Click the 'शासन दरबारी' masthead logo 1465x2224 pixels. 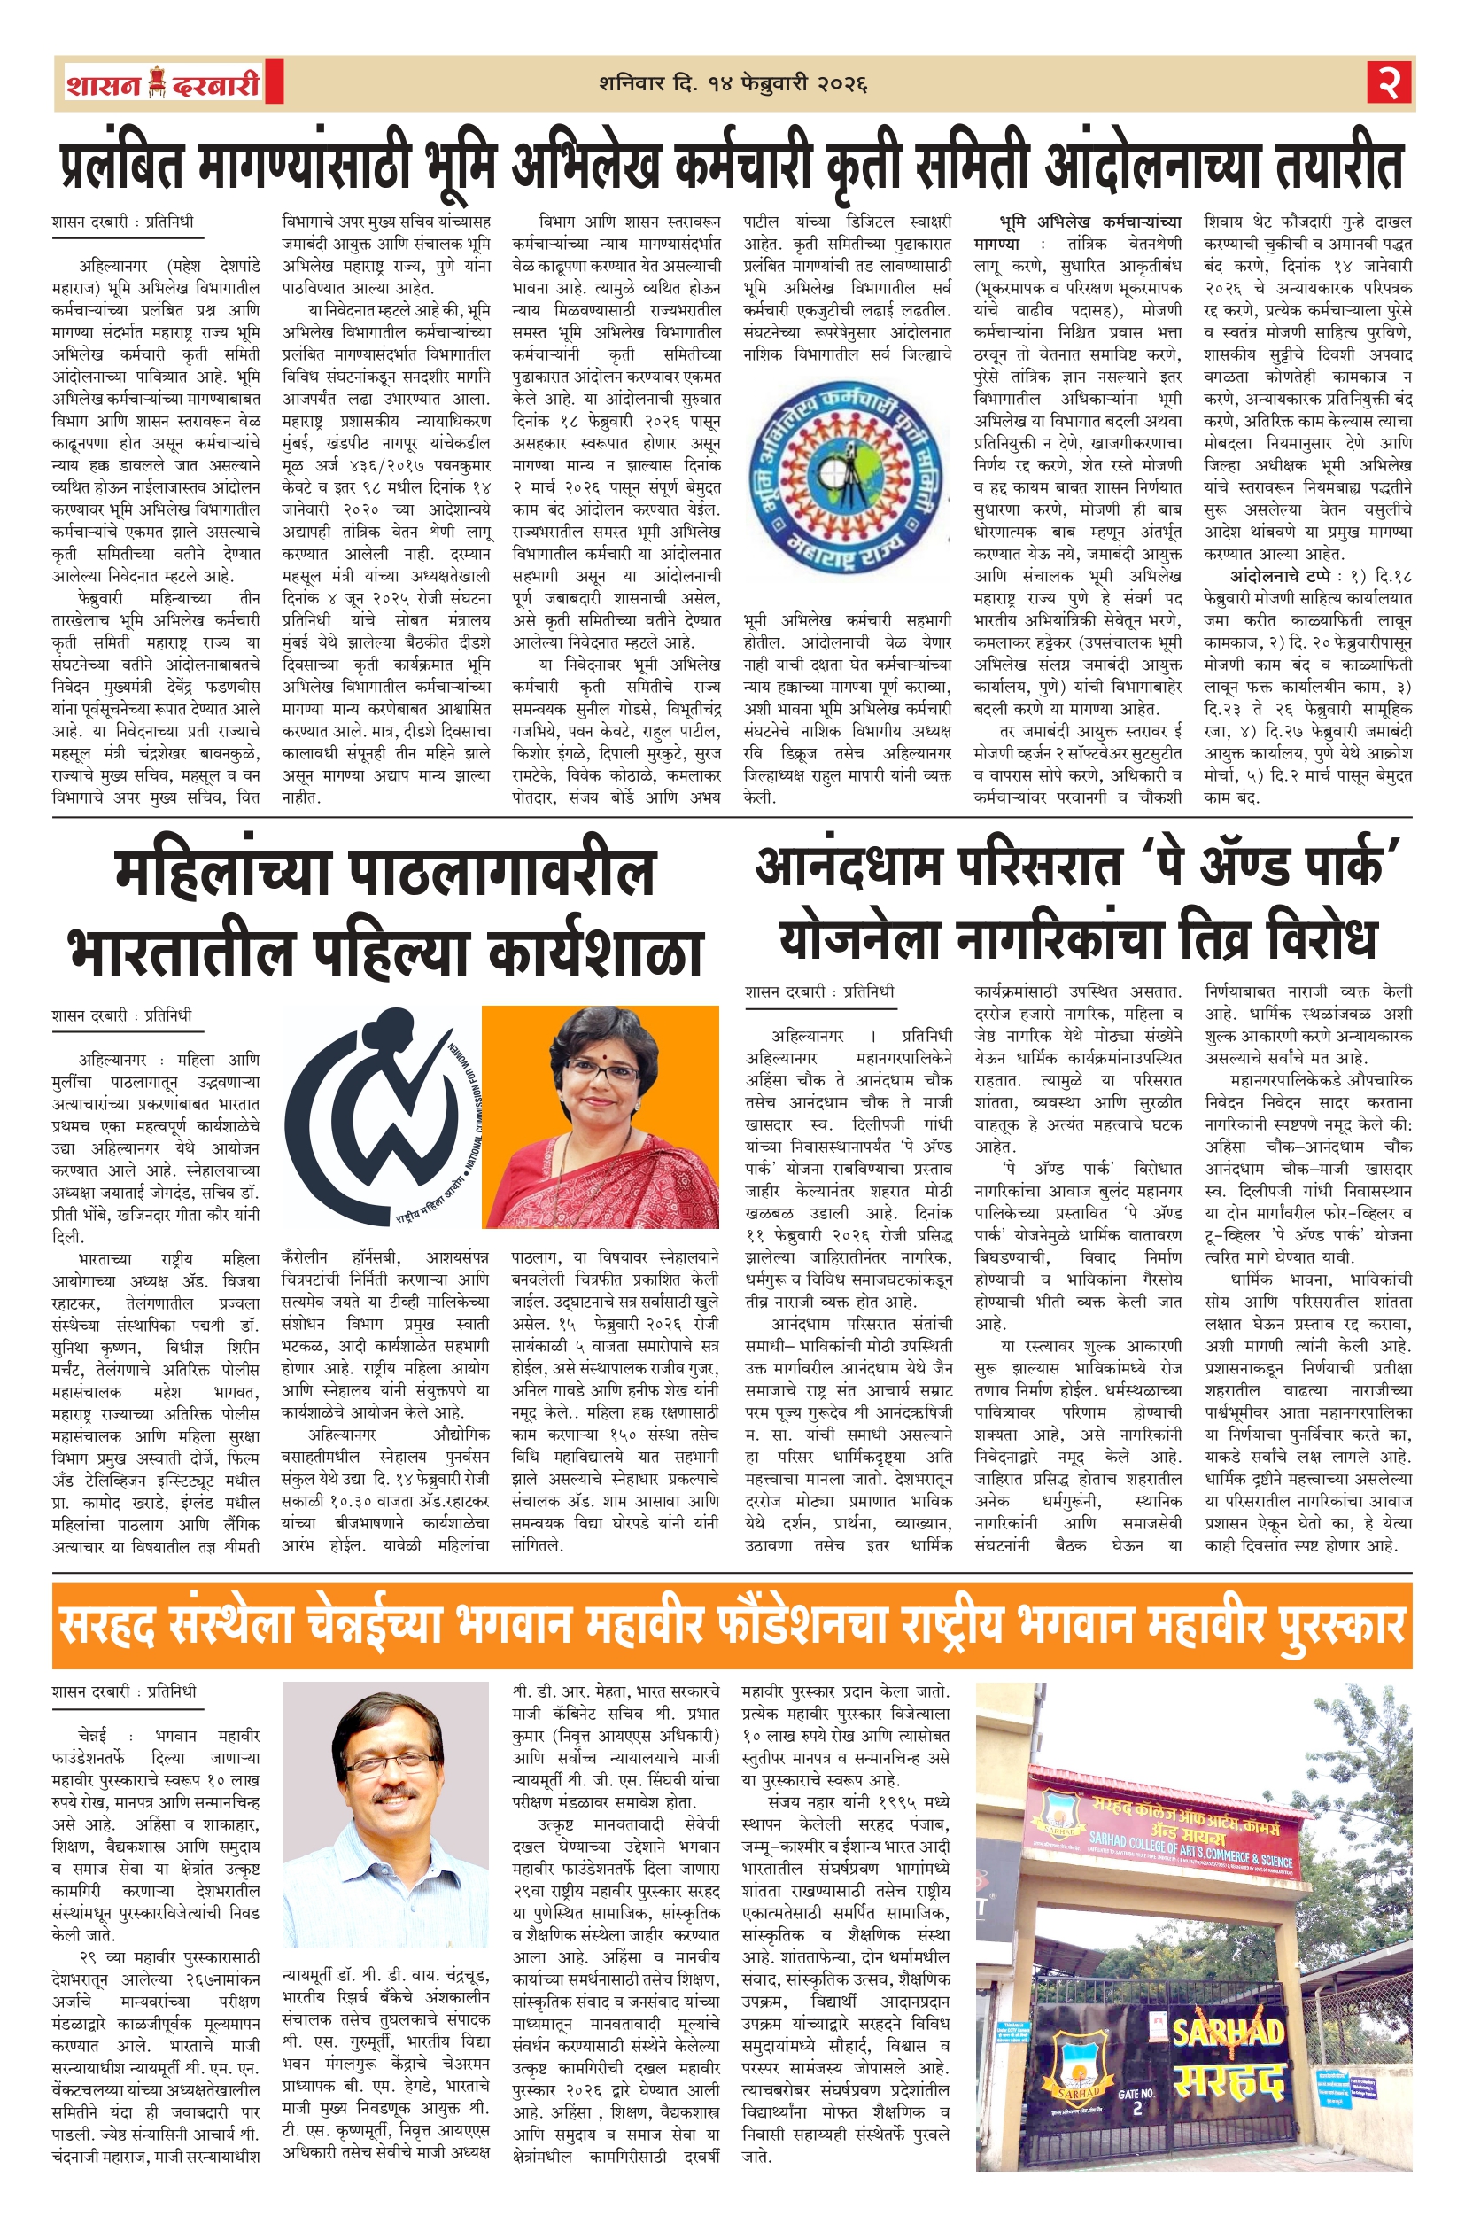click(163, 84)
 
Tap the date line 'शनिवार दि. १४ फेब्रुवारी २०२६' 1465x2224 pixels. click(733, 84)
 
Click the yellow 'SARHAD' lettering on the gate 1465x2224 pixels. click(1226, 2032)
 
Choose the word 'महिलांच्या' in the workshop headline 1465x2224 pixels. click(221, 873)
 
